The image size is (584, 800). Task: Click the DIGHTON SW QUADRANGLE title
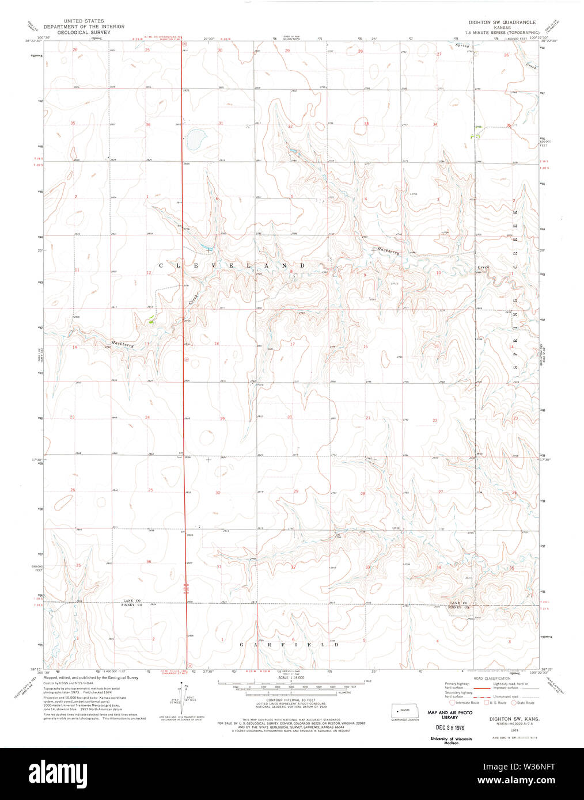503,22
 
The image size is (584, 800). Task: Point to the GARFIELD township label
289,645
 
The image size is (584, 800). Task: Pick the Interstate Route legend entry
464,703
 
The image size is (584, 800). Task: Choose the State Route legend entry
522,703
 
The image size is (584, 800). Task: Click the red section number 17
292,344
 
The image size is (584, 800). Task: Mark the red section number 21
368,417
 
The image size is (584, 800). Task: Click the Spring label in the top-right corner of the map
462,45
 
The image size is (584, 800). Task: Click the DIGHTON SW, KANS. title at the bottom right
506,719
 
